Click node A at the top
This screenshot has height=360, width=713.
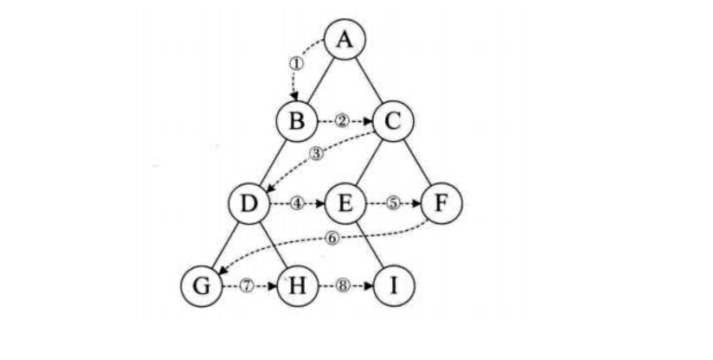click(x=344, y=40)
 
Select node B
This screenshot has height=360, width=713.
click(x=296, y=122)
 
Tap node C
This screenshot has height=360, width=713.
click(x=393, y=122)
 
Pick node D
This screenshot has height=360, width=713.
click(x=248, y=204)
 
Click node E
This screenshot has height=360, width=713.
click(x=345, y=204)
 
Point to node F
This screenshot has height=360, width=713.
click(x=441, y=204)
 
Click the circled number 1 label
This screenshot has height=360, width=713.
click(x=295, y=64)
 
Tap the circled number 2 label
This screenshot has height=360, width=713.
click(x=343, y=122)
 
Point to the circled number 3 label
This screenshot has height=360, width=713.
click(x=317, y=154)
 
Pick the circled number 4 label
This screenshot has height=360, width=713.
click(x=297, y=204)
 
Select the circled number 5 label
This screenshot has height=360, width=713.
click(x=393, y=204)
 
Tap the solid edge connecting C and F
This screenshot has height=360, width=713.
click(x=417, y=163)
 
